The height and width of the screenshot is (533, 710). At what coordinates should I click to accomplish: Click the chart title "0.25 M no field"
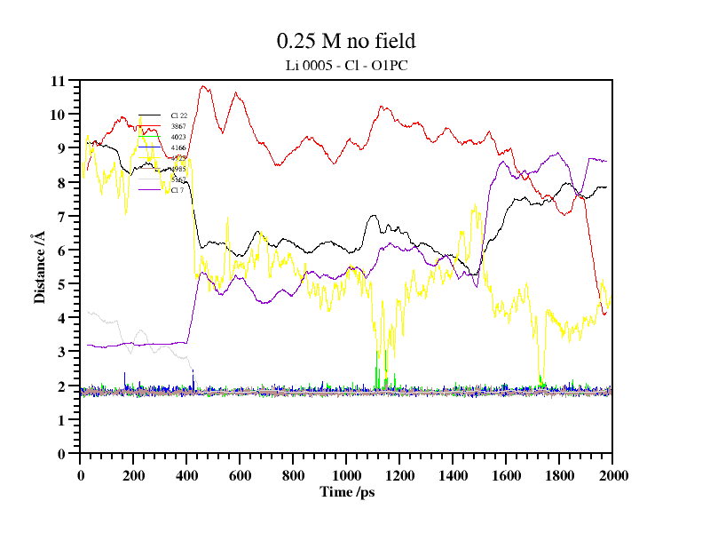(x=346, y=41)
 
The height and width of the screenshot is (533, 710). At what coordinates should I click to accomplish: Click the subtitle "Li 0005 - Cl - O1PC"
(x=346, y=65)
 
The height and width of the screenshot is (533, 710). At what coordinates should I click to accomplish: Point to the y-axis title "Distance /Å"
(x=39, y=267)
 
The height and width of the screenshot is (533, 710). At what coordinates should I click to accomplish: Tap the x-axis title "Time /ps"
(x=346, y=490)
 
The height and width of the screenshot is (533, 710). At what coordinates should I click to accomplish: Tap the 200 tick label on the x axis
(x=133, y=475)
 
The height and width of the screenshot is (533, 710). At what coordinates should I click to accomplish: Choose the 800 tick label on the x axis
(x=293, y=475)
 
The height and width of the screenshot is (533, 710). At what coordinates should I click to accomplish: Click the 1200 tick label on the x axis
(x=399, y=475)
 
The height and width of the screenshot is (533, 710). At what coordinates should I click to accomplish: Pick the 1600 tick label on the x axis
(x=506, y=475)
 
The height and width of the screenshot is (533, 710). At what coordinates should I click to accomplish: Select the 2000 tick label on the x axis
(x=612, y=475)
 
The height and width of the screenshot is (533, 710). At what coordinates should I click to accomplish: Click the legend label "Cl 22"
(x=178, y=115)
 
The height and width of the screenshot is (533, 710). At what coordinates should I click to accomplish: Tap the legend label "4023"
(x=178, y=137)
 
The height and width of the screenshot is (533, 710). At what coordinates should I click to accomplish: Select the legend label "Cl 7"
(x=177, y=190)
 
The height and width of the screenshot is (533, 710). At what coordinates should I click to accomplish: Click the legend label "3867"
(x=178, y=126)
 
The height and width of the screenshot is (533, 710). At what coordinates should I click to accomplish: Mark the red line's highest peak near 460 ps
(x=204, y=86)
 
